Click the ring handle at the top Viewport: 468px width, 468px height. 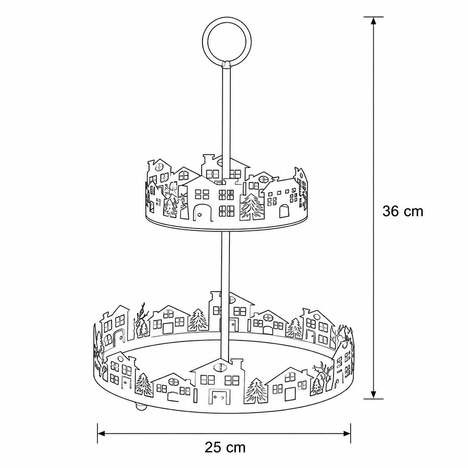(x=203, y=41)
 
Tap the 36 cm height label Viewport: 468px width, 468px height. (x=403, y=211)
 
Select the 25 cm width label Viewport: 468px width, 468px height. (x=225, y=447)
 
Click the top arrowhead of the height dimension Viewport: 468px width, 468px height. (x=373, y=21)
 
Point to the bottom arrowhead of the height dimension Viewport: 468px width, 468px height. (x=373, y=394)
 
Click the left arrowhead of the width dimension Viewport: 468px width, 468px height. (x=102, y=433)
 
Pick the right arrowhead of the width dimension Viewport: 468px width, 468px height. (x=346, y=433)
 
